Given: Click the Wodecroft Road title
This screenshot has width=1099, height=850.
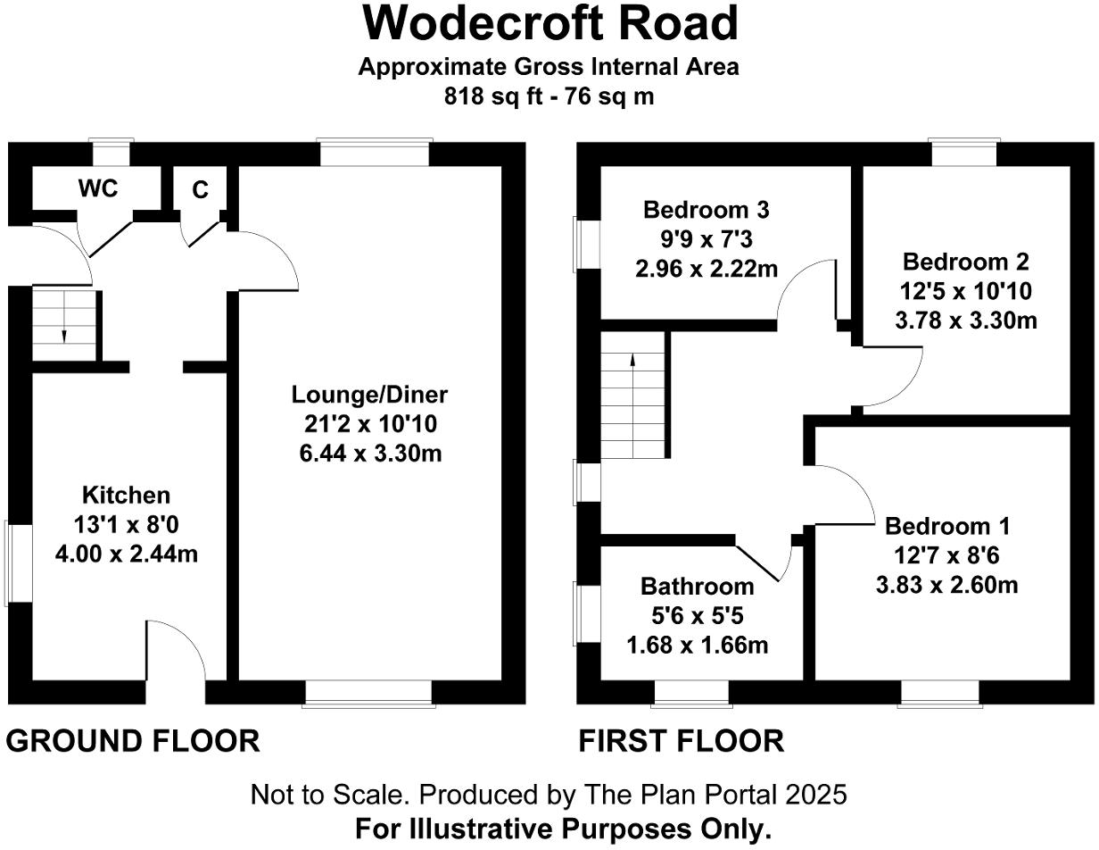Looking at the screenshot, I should (549, 24).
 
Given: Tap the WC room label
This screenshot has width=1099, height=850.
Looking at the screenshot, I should (98, 188).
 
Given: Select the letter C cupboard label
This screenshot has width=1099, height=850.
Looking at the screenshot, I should (201, 189).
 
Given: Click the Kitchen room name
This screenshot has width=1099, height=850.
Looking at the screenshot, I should (126, 495).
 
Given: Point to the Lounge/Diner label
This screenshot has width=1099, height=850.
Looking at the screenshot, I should (370, 395).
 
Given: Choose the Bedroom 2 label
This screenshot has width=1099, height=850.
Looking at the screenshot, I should (965, 262).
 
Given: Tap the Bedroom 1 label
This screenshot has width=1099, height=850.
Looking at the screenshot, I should (947, 525).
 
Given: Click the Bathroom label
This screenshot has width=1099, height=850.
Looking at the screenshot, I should (697, 587).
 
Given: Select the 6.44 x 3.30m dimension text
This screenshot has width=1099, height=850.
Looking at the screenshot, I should (370, 454).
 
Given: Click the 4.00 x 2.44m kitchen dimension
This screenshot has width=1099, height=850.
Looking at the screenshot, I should (126, 554).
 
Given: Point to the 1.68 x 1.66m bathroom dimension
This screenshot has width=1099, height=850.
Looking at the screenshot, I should (697, 645).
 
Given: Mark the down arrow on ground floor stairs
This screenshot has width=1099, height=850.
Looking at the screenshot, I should (65, 334).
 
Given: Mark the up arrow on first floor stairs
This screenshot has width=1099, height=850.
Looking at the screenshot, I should (632, 361).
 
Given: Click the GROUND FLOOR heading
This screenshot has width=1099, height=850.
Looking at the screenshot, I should (133, 740).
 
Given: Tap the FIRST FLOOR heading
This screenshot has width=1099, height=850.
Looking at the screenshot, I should (682, 740).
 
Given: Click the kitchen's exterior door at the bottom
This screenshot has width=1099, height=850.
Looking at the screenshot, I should (176, 692).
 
